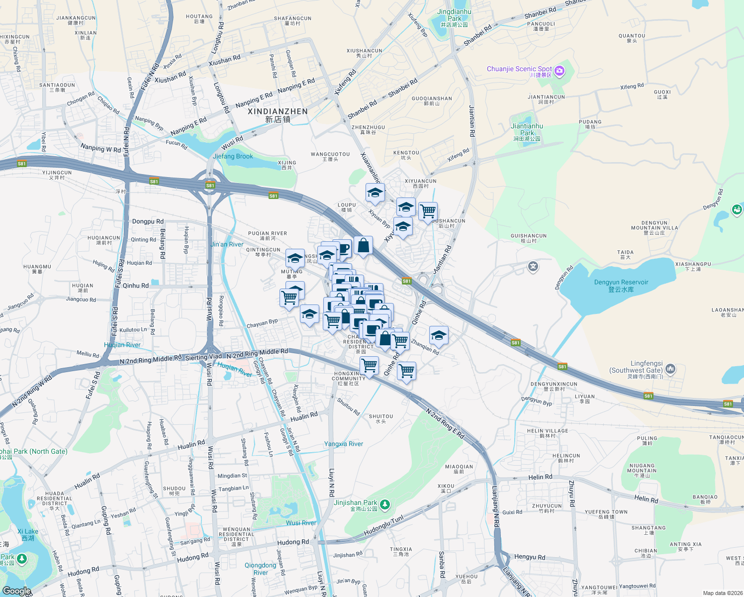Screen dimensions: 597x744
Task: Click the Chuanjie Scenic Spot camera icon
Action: pos(559,71)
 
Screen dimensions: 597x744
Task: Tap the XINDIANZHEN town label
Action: pos(278,115)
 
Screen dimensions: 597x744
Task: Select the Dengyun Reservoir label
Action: pos(621,286)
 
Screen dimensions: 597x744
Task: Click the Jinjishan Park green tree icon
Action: pos(385,505)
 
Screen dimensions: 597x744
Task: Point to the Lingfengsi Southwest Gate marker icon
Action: pos(670,369)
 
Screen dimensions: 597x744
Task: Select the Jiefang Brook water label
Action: pos(233,156)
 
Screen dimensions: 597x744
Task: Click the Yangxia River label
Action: pos(344,444)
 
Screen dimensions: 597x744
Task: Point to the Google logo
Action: pos(16,591)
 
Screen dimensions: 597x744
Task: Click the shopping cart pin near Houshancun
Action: pos(428,211)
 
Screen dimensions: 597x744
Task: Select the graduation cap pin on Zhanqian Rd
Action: pos(438,336)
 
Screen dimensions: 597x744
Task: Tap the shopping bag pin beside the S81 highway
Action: pos(364,245)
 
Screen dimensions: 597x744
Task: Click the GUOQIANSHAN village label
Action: pos(432,101)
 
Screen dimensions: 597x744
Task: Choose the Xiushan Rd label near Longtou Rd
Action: pos(224,60)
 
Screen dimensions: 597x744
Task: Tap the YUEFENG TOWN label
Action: pos(606,514)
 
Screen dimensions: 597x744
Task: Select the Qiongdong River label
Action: pos(261,569)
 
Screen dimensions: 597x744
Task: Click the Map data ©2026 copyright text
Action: pos(721,593)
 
